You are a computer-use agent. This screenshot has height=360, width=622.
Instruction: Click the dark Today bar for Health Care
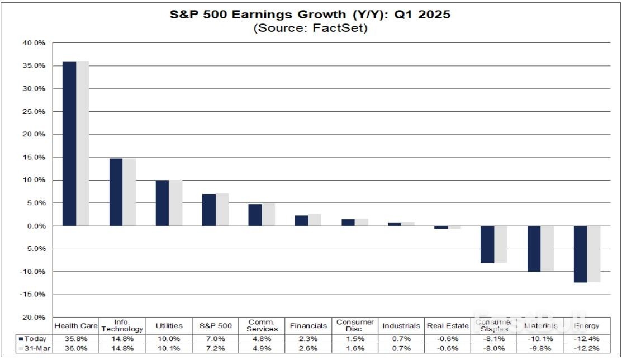[x=69, y=144]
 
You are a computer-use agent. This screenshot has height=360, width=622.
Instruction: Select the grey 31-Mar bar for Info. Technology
[x=129, y=192]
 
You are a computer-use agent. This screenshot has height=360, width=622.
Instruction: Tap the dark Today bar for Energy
[x=580, y=254]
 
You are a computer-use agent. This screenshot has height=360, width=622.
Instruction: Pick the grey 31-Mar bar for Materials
[x=547, y=248]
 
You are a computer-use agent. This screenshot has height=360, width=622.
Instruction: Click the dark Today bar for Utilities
[x=162, y=203]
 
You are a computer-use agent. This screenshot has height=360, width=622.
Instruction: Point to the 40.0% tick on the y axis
[x=34, y=43]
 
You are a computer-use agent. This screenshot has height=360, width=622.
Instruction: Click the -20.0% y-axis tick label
[x=33, y=317]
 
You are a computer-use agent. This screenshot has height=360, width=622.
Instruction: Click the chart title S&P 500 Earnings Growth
[x=310, y=15]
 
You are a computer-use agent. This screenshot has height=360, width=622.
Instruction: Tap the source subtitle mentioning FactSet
[x=310, y=29]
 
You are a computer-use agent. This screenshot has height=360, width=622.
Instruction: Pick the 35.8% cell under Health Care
[x=76, y=339]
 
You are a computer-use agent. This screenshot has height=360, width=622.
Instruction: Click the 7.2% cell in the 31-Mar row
[x=215, y=348]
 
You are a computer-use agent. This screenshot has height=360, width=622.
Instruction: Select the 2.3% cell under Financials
[x=308, y=339]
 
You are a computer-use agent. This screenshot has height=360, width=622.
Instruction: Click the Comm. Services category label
[x=262, y=326]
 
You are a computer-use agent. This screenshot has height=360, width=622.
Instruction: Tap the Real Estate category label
[x=447, y=326]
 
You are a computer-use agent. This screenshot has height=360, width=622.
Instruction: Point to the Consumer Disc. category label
[x=355, y=326]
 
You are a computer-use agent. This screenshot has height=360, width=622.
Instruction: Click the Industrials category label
[x=401, y=326]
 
